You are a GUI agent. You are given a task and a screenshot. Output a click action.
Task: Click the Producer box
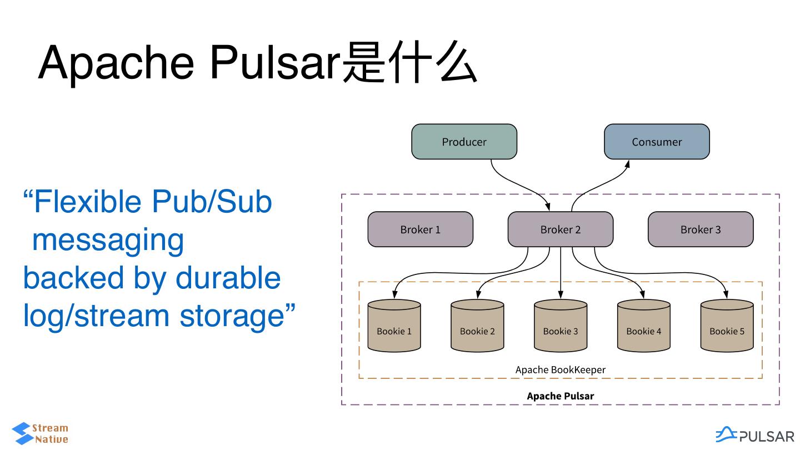[x=464, y=142]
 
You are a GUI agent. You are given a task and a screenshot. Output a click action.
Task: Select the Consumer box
[x=657, y=142]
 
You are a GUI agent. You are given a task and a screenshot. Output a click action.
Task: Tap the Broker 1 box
[x=420, y=229]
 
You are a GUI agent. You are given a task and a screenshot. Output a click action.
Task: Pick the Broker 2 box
[x=561, y=229]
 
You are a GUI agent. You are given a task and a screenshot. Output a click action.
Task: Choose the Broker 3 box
[x=701, y=229]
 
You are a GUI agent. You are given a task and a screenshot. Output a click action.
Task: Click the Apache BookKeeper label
[x=561, y=369]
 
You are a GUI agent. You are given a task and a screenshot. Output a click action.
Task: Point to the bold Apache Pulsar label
[x=561, y=396]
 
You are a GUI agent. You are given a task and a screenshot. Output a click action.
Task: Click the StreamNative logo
[x=40, y=433]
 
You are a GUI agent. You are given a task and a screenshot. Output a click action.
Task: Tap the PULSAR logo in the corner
[x=754, y=435]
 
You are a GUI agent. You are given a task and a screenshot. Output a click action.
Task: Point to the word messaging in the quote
[x=108, y=239]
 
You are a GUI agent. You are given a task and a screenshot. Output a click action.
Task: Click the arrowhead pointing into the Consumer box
[x=628, y=164]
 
